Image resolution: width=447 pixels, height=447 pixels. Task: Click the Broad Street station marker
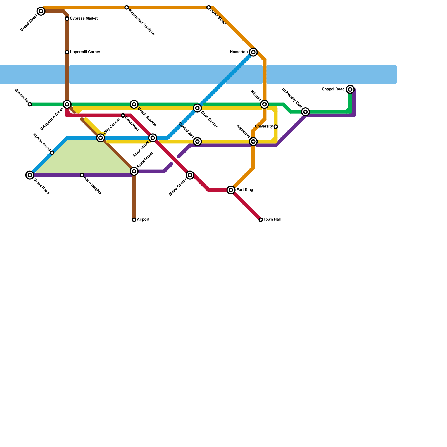pos(41,11)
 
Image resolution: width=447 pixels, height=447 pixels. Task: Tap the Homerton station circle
pos(253,52)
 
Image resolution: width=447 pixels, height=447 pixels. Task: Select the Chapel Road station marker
pos(350,89)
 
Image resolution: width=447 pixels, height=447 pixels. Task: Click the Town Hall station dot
pos(261,220)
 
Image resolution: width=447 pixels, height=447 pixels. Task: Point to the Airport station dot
pos(134,220)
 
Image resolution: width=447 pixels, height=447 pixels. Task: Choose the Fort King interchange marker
pos(231,190)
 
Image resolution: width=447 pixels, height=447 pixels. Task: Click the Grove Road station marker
pos(30,175)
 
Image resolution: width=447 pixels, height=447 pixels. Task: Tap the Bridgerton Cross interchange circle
pos(67,104)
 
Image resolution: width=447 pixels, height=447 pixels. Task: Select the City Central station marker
pos(101,138)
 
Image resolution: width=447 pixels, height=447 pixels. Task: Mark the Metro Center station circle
pos(190,175)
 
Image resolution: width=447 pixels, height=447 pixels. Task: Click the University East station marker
pos(306,112)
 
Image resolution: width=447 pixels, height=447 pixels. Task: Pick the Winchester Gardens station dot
pos(127,8)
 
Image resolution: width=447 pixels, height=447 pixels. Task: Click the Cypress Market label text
pos(84,18)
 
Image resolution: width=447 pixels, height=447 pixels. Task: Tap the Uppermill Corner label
pos(85,52)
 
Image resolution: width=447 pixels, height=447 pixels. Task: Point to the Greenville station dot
pos(30,104)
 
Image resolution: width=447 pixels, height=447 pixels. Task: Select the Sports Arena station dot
pos(52,153)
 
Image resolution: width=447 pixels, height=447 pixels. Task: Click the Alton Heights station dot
pos(82,175)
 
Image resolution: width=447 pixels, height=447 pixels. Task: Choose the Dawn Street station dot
pos(209,8)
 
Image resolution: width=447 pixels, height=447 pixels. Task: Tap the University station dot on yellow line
pos(276,127)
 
